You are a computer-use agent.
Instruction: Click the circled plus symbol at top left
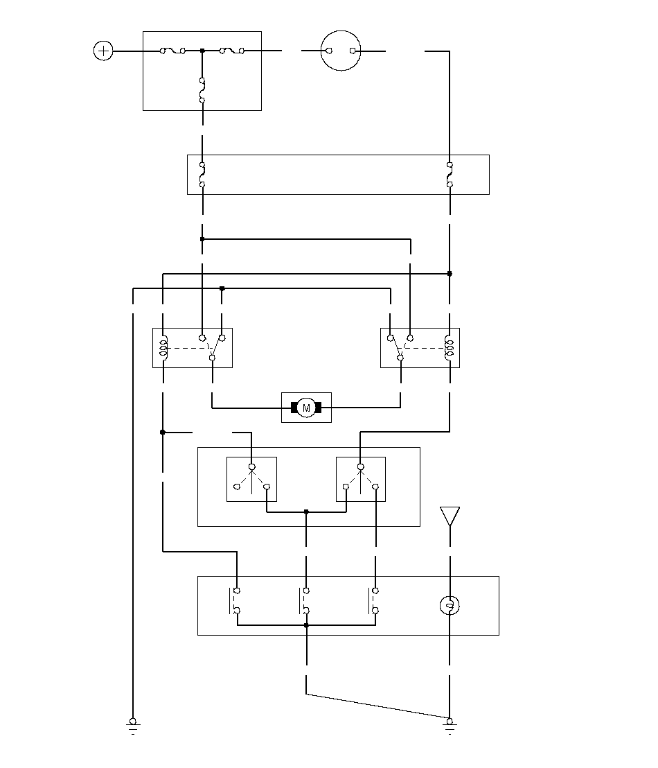coord(103,51)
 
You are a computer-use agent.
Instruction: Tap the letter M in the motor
coord(306,408)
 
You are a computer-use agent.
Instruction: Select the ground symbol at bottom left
coord(132,725)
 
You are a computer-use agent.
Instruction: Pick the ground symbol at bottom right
coord(450,725)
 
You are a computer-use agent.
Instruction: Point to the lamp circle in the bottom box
coord(450,606)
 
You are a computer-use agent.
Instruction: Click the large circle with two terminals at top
coord(341,51)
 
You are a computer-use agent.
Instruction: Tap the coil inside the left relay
coord(163,347)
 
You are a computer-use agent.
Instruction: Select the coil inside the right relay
coord(450,347)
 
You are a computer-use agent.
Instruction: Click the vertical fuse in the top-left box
coord(202,90)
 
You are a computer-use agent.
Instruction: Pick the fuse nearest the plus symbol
coord(172,51)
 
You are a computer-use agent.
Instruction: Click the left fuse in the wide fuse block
coord(202,175)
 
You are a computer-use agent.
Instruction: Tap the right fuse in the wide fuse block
coord(450,175)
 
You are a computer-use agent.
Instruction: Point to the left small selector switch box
coord(251,478)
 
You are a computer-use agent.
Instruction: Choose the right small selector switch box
coord(360,478)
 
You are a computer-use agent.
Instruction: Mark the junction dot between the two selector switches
coord(306,512)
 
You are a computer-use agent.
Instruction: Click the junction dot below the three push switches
coord(306,625)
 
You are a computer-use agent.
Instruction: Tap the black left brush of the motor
coord(294,408)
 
